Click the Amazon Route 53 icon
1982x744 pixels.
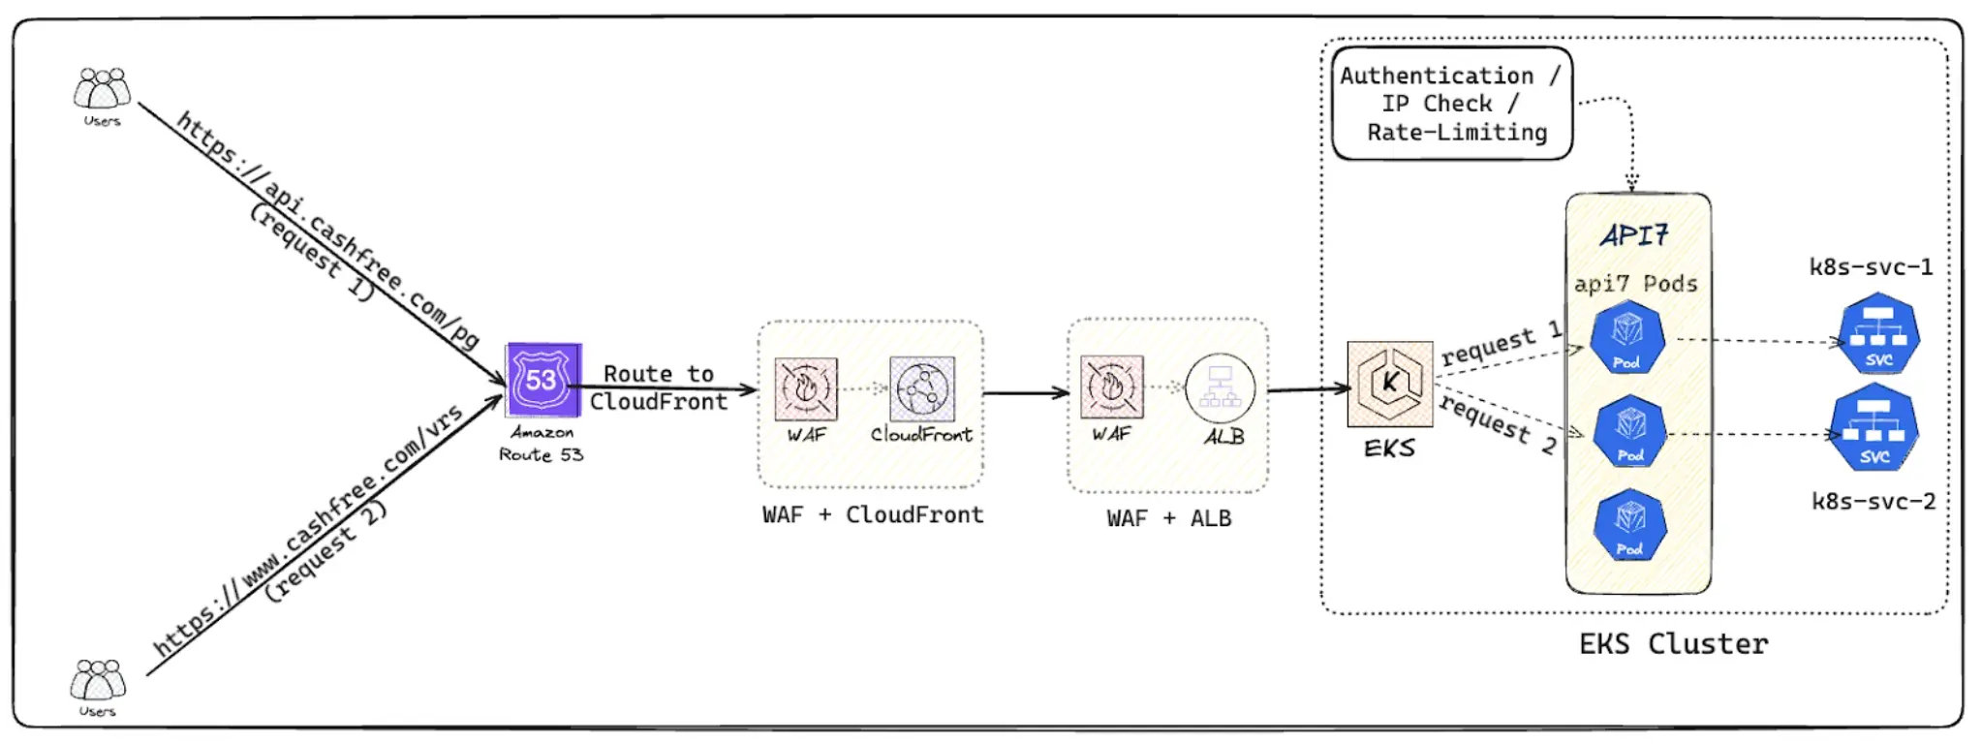coord(543,380)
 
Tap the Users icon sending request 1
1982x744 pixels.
coord(102,89)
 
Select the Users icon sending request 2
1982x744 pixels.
coord(98,680)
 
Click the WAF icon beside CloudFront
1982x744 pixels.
coord(806,388)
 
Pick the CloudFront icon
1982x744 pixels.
coord(921,388)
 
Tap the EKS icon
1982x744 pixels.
coord(1390,384)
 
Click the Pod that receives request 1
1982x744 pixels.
coord(1627,338)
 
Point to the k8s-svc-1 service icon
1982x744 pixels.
coord(1878,334)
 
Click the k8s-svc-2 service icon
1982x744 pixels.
coord(1874,428)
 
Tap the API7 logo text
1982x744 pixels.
coord(1635,235)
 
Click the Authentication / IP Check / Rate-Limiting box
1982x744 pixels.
coord(1451,104)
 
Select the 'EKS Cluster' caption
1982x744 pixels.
coord(1673,644)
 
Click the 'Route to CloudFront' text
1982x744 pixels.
coord(659,387)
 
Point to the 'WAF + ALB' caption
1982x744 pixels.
coord(1168,519)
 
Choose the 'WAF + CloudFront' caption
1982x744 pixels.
coord(873,515)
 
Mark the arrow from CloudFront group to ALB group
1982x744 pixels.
coord(1025,393)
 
